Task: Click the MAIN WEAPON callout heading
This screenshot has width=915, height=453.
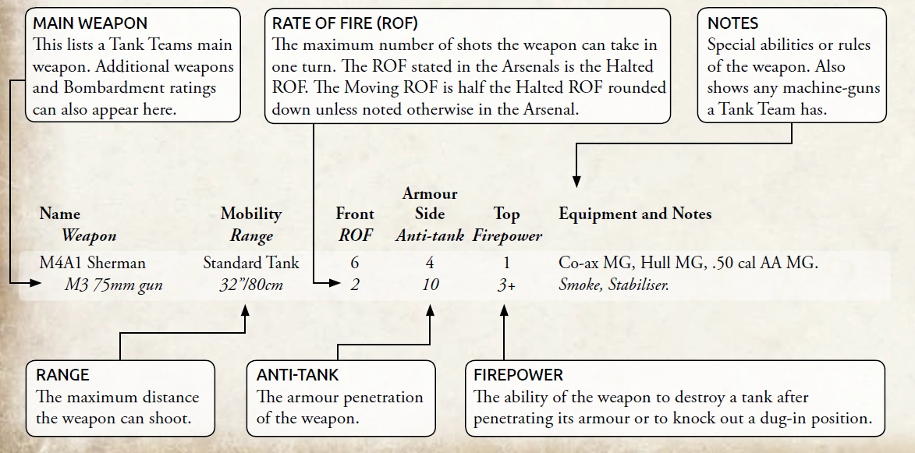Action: coord(90,24)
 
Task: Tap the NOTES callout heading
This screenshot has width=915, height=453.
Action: coord(732,24)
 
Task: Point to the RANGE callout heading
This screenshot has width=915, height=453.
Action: coord(63,375)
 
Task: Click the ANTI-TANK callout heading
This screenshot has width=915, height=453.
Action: coord(298,375)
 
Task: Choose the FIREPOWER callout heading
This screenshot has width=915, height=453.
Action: coord(519,375)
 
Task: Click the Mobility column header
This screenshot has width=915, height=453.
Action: coord(251,214)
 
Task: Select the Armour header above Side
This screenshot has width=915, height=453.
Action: coord(430,193)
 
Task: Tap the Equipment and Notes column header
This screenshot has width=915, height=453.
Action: coord(635,214)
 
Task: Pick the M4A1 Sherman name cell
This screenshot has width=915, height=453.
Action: coord(92,263)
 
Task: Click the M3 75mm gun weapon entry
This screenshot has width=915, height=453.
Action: coord(113,285)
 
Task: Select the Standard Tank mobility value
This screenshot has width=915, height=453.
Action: coord(251,263)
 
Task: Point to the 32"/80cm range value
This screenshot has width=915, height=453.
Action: coord(251,285)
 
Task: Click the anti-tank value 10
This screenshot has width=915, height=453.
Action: coord(430,285)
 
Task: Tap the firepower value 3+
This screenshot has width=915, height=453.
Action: coord(506,285)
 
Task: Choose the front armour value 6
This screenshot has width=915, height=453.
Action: coord(355,263)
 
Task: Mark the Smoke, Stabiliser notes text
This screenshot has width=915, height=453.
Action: coord(614,285)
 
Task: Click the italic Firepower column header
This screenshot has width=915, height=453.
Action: coord(507,235)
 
